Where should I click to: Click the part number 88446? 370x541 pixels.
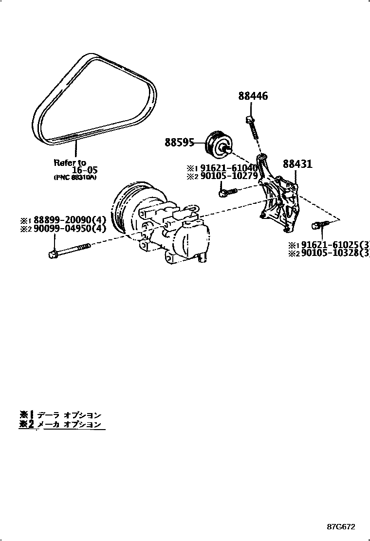coord(253,96)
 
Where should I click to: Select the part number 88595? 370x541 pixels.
coord(179,143)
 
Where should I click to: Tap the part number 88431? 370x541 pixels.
coord(297,165)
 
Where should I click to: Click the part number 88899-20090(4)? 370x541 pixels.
coord(69,220)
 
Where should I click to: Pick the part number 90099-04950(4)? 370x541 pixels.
coord(69,229)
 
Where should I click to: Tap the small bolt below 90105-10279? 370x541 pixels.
coord(225,193)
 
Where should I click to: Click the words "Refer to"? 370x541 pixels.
coord(70,162)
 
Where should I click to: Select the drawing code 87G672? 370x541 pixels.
coord(341,527)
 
